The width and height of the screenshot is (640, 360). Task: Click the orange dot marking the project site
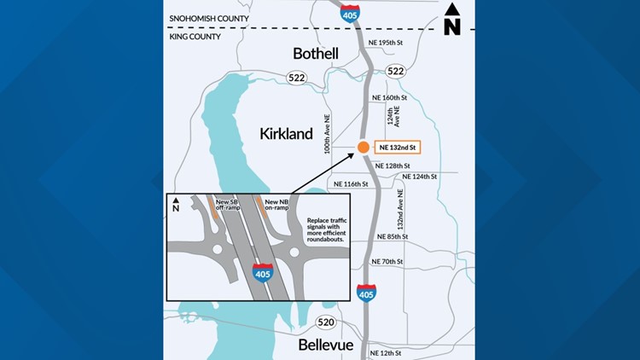(x=363, y=148)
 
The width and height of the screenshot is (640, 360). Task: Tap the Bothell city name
(x=316, y=53)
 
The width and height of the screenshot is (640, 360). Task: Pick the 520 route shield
(x=326, y=322)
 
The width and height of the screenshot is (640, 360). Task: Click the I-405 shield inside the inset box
(x=263, y=273)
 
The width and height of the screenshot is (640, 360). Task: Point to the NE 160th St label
(x=390, y=98)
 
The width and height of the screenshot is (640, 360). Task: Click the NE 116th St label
(x=351, y=184)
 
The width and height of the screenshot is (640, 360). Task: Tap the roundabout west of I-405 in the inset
(x=218, y=250)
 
